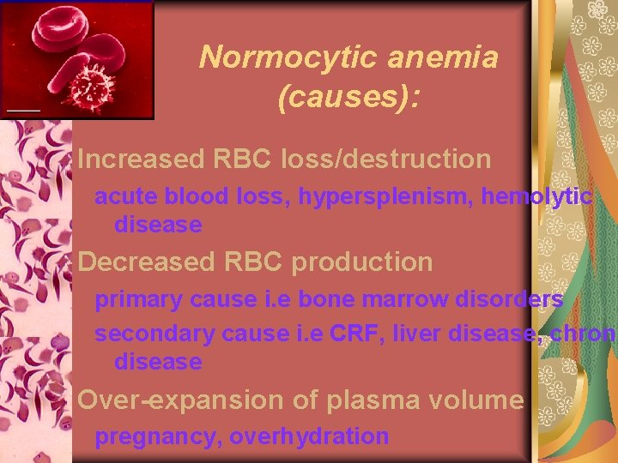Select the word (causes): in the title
click(x=348, y=97)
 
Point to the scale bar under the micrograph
click(x=22, y=110)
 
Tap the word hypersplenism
click(x=389, y=197)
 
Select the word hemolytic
click(x=536, y=197)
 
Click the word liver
click(x=416, y=334)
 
